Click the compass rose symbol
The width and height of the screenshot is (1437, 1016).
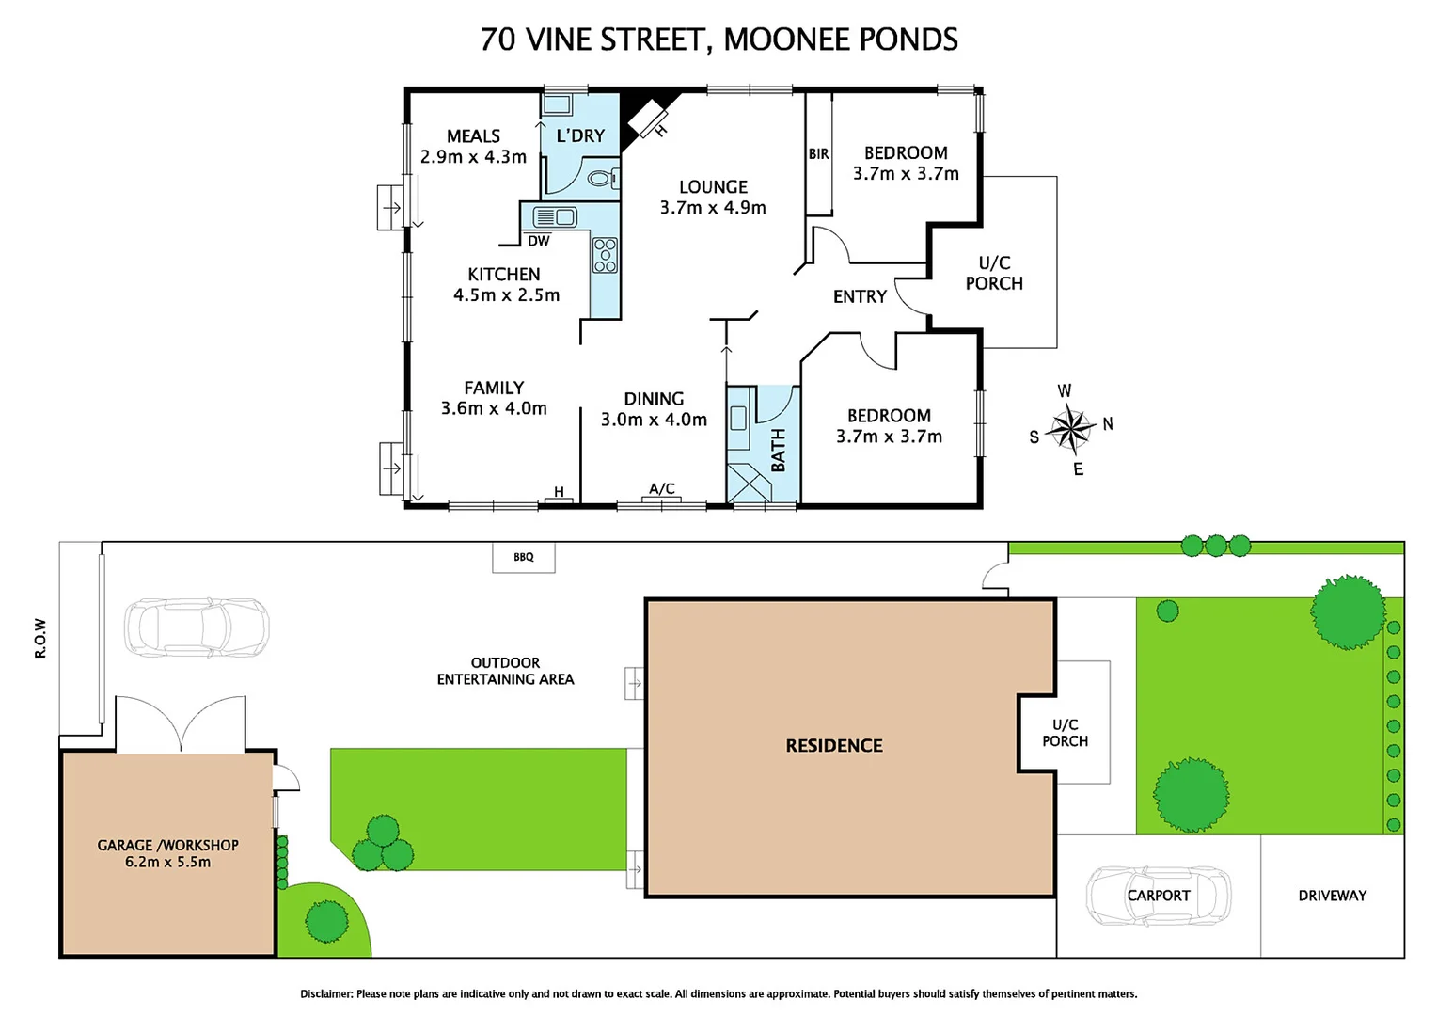1069,429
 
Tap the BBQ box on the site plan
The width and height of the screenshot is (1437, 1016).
524,557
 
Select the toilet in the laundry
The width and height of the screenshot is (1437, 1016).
602,178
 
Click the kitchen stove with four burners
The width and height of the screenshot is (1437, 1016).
605,255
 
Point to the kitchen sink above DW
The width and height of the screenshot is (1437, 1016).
554,217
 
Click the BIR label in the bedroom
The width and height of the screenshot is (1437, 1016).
818,154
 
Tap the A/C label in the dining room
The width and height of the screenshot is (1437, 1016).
662,488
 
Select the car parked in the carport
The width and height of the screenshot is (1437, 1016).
1158,896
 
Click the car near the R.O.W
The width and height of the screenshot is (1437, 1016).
197,627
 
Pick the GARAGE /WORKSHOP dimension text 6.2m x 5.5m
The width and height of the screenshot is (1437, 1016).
167,862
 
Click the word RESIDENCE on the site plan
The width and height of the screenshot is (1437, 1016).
834,746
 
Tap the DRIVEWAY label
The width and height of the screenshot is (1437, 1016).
1332,896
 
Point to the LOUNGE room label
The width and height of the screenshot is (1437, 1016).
713,187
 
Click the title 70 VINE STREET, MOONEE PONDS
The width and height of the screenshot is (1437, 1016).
718,40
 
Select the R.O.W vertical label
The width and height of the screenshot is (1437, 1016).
40,638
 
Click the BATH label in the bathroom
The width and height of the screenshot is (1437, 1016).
778,450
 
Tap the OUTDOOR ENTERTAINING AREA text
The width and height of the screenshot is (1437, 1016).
505,671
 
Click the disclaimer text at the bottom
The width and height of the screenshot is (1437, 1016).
718,993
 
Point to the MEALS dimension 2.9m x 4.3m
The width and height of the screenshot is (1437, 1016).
473,157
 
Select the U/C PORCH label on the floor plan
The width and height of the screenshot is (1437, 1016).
994,273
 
